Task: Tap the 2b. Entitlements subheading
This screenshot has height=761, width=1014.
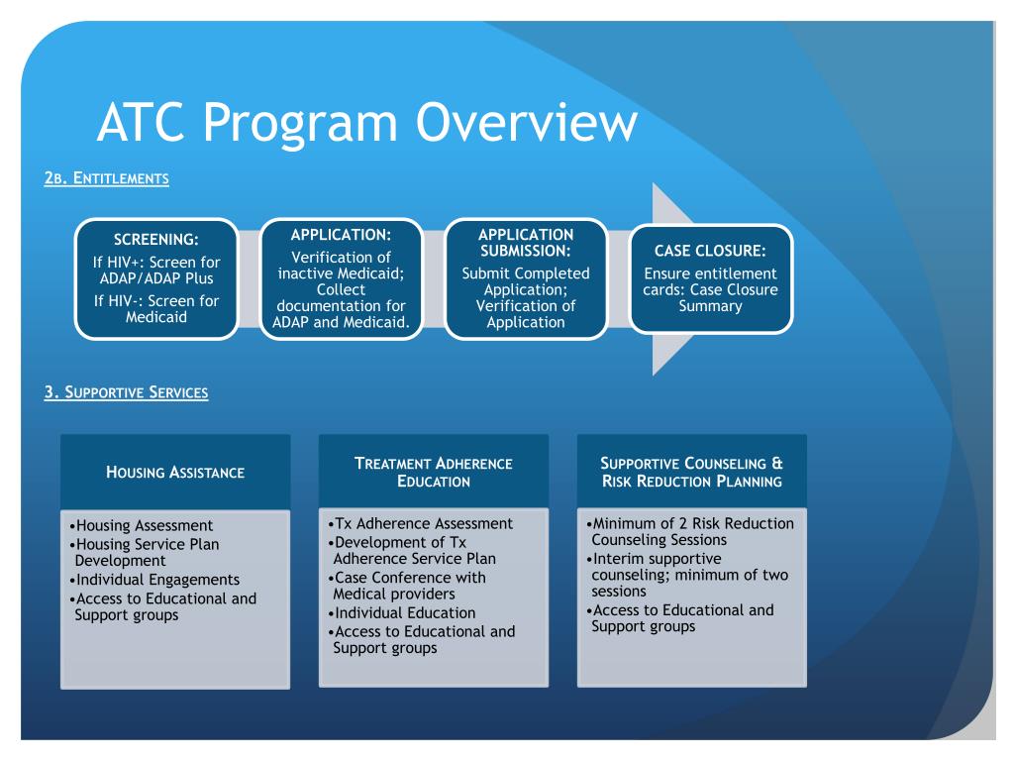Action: point(106,179)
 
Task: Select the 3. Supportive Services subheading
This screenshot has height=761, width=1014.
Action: point(126,392)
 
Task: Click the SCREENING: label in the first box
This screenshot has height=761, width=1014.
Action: point(156,239)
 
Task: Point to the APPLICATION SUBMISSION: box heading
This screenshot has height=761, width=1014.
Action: point(526,243)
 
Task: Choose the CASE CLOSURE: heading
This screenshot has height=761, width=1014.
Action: point(711,250)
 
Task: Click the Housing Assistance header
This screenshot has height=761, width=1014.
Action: point(175,472)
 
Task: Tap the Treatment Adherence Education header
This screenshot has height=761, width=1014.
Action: point(434,472)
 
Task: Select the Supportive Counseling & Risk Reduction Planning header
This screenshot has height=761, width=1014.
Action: point(691,472)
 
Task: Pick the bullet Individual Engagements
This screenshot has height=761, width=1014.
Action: point(155,580)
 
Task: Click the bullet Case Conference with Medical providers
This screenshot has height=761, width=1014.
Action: point(410,586)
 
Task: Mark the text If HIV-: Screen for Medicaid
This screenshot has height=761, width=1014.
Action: point(156,309)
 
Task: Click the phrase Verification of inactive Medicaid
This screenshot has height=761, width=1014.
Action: point(341,265)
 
